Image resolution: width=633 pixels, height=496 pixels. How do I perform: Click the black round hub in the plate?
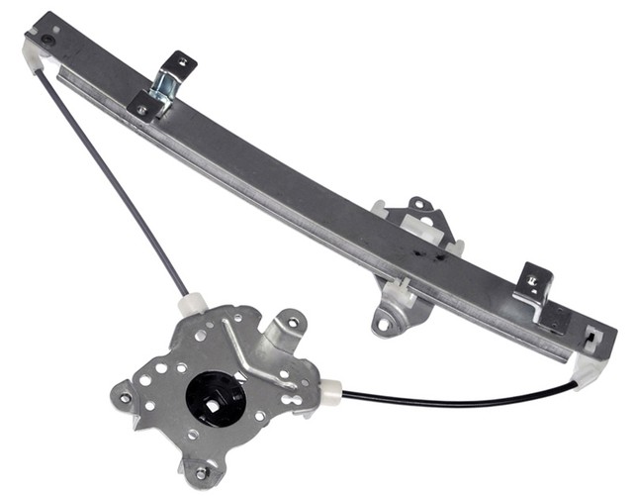click(215, 396)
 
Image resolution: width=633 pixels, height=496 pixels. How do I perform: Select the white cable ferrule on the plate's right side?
click(329, 392)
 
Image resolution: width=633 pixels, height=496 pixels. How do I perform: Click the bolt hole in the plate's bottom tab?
click(201, 473)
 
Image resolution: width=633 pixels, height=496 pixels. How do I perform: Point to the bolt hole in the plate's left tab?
click(125, 397)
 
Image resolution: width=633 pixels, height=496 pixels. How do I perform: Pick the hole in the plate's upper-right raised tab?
click(292, 322)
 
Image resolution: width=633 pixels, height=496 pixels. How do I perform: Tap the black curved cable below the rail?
click(465, 399)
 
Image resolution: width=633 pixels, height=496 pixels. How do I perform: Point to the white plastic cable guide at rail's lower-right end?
click(591, 369)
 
